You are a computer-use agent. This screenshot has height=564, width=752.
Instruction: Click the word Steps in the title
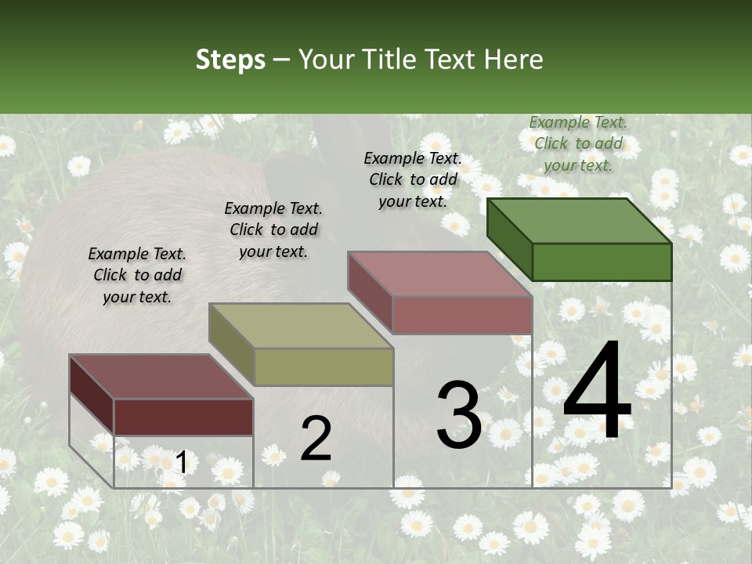(230, 60)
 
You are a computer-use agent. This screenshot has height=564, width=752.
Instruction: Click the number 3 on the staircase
(459, 415)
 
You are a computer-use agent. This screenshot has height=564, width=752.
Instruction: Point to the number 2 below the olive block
(316, 439)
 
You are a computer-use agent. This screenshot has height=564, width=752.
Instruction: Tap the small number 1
(181, 463)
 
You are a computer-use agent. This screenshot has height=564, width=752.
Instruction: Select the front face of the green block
(602, 262)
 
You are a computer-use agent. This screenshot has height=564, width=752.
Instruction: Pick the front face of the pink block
(462, 315)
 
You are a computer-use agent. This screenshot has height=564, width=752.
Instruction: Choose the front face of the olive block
(324, 367)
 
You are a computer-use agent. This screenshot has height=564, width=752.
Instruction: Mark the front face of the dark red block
(183, 417)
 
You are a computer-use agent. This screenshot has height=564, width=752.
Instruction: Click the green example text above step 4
(578, 143)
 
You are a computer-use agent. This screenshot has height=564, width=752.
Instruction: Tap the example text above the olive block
(273, 230)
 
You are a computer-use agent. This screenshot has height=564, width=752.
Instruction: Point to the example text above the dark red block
(137, 275)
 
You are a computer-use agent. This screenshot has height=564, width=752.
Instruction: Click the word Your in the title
(325, 60)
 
